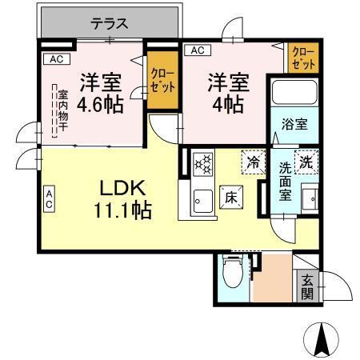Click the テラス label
[x=109, y=24]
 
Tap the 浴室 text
[x=294, y=125]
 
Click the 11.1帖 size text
[x=121, y=210]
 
